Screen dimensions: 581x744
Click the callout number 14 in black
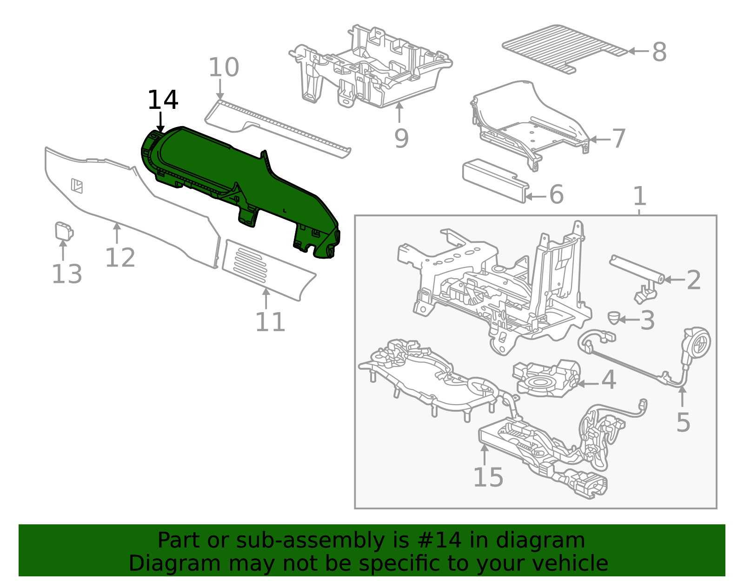point(163,100)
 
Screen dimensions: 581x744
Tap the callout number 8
point(659,52)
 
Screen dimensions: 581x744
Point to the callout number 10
point(224,68)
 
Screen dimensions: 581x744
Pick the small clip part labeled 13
point(63,231)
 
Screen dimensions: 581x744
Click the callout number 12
point(120,258)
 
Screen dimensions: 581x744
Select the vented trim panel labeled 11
point(265,270)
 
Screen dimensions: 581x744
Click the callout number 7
point(619,138)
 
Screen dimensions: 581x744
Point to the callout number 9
point(401,138)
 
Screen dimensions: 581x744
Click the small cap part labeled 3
point(614,318)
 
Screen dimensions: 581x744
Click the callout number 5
point(683,422)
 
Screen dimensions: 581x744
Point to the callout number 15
point(488,477)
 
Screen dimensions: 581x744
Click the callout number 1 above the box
point(640,196)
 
